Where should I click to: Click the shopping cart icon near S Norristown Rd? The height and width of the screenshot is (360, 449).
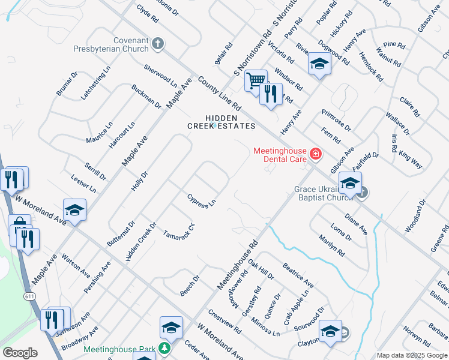256,80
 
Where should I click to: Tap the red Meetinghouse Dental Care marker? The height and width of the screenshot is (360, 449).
315,155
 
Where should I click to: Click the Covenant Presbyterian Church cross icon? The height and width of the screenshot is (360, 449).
158,43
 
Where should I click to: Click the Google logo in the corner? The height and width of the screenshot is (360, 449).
20,352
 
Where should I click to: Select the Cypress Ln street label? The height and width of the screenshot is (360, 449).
201,201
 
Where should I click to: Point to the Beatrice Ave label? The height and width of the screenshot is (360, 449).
298,274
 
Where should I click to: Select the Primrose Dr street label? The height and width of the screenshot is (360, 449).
336,120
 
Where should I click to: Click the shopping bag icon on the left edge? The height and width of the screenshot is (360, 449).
19,226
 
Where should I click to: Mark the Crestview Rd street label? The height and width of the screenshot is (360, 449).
224,322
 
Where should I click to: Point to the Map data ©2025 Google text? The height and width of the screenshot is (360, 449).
412,355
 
